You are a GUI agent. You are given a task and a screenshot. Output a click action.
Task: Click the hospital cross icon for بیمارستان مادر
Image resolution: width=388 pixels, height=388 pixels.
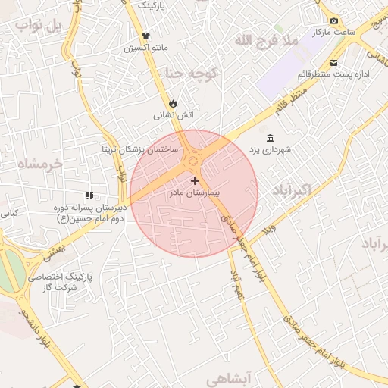(196, 180)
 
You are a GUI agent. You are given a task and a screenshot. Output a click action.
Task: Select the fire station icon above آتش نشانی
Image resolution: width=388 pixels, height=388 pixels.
(174, 103)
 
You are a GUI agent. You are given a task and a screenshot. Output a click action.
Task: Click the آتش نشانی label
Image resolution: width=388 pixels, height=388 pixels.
(174, 116)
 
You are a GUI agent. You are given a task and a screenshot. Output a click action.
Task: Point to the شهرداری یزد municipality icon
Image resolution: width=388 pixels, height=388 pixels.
(271, 137)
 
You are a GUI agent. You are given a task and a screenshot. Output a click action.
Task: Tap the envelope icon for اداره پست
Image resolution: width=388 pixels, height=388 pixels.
(334, 62)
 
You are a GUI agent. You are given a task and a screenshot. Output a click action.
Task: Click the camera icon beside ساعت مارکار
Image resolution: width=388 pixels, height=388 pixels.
(333, 21)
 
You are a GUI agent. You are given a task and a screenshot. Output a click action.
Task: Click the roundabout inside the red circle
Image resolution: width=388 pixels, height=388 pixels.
(192, 159)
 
